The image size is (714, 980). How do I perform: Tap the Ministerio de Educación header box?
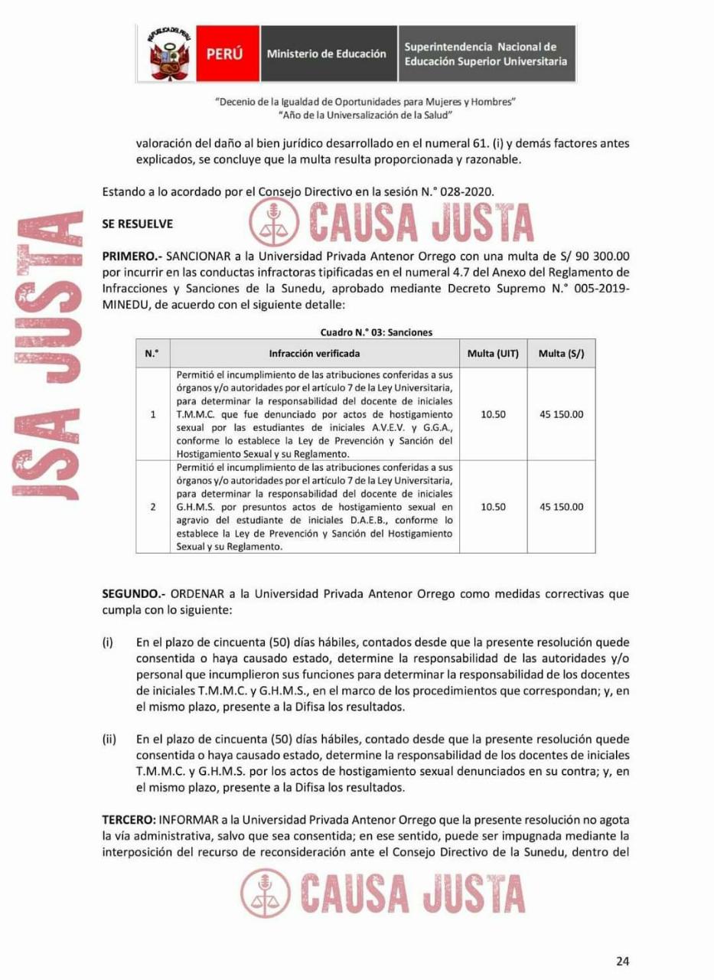tap(327, 54)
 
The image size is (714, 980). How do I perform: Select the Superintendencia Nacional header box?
tap(486, 54)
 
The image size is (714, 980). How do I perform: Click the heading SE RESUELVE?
tap(138, 224)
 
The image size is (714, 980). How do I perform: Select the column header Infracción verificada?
tap(314, 354)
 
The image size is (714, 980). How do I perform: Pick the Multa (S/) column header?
tap(561, 354)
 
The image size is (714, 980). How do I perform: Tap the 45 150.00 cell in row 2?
tap(561, 507)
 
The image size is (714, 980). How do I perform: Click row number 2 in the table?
tap(152, 507)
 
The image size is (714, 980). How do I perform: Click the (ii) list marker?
tap(109, 739)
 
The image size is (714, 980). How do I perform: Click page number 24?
tap(622, 962)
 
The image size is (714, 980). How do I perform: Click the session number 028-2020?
tap(469, 193)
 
